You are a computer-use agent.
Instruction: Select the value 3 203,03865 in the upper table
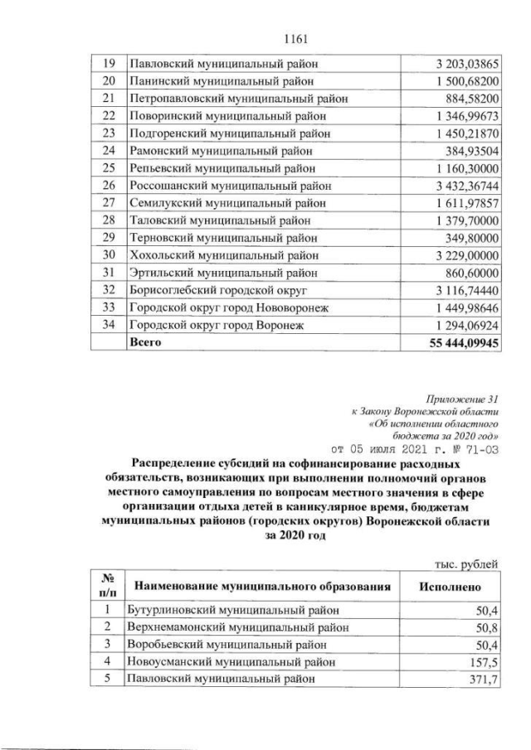(x=465, y=62)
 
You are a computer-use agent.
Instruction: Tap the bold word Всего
(x=143, y=342)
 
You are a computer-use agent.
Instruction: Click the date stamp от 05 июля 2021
(x=388, y=448)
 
